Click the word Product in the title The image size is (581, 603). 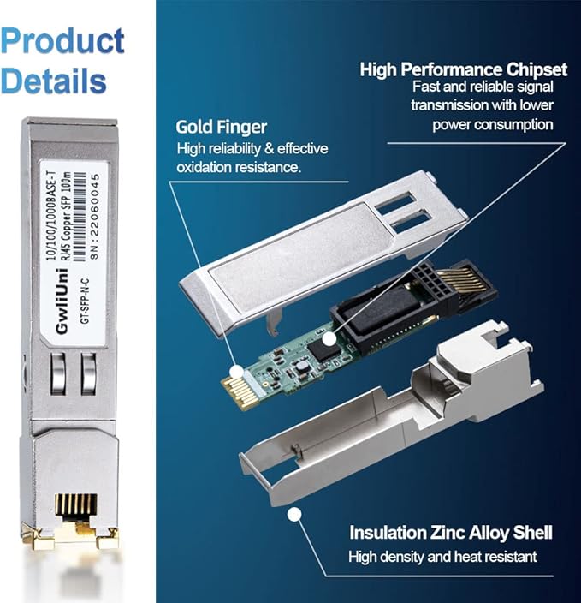[62, 40]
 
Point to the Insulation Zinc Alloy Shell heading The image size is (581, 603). [450, 533]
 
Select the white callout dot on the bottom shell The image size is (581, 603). [295, 514]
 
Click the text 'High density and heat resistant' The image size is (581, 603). [442, 557]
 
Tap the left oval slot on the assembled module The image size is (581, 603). [58, 373]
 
